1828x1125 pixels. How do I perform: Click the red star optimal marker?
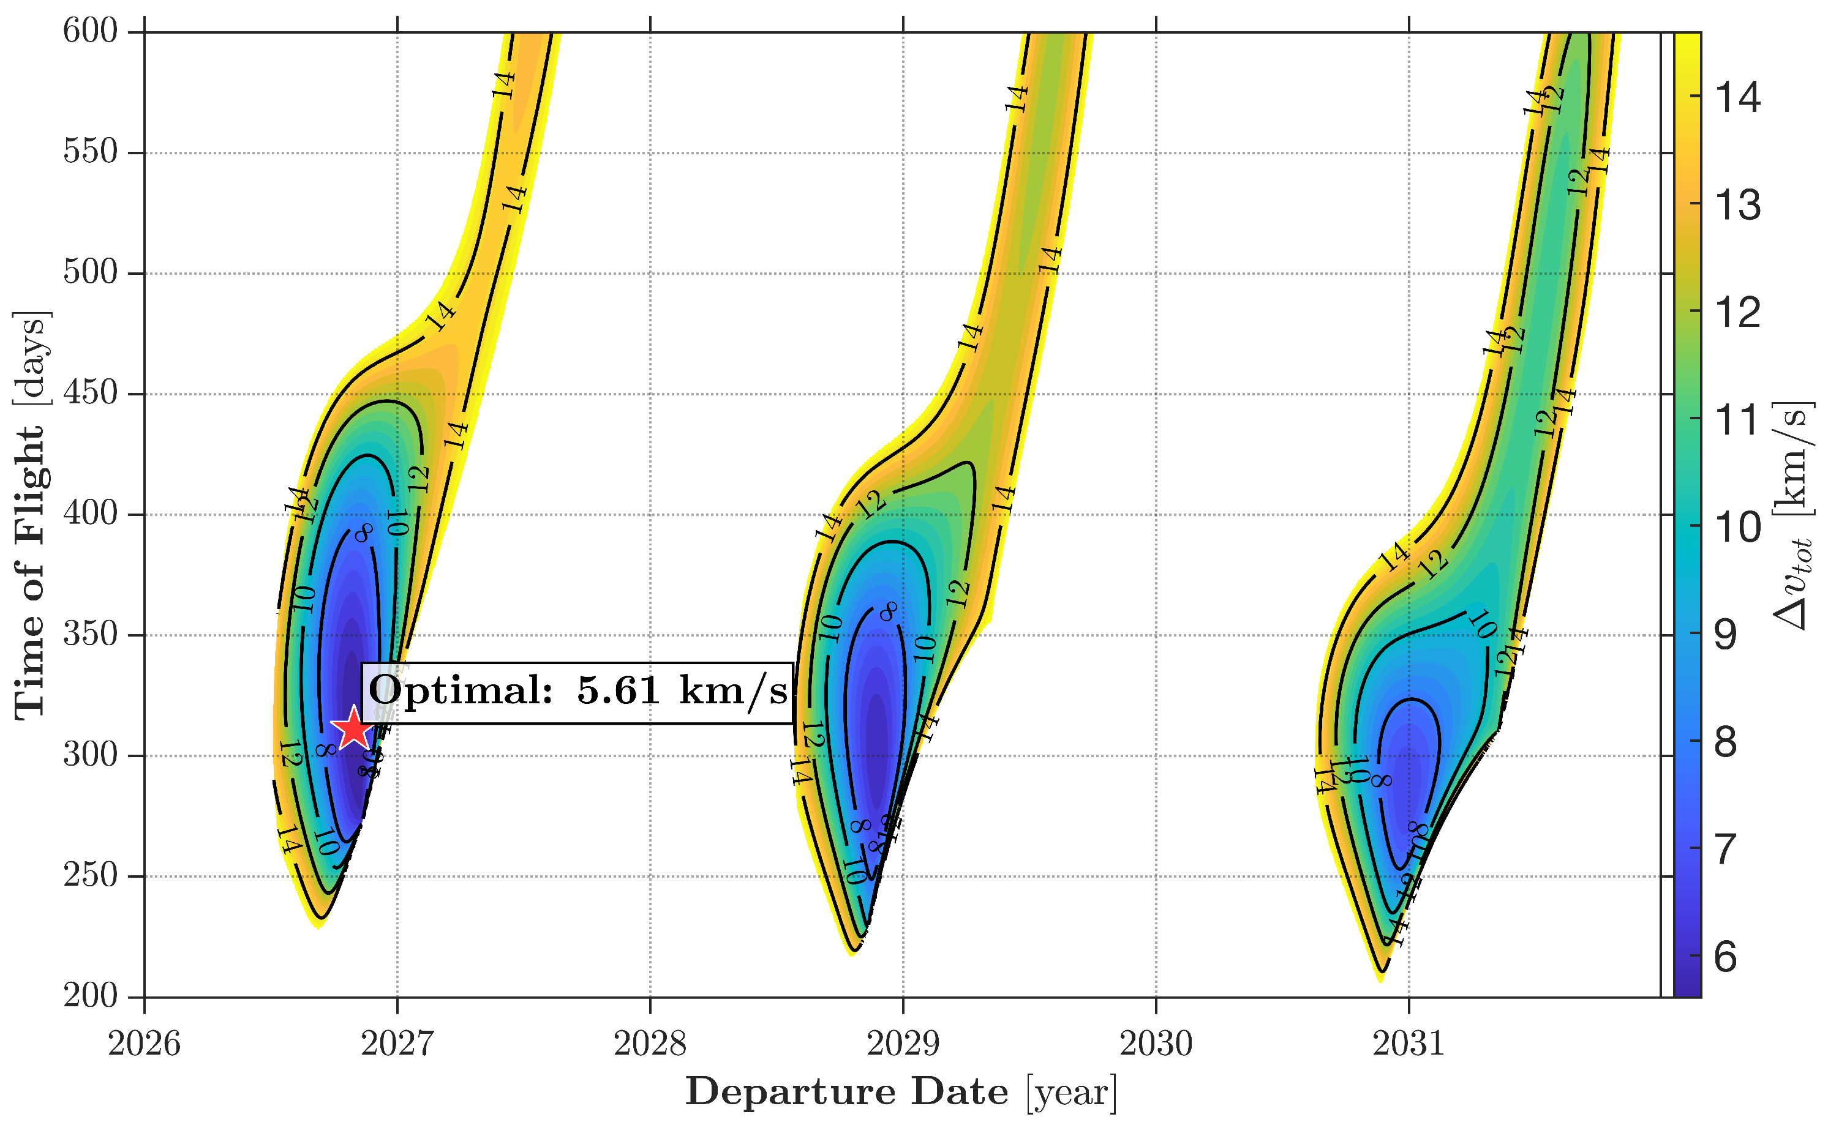[353, 728]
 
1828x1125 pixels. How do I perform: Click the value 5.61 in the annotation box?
[618, 691]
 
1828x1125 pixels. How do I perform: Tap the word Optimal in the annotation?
[460, 691]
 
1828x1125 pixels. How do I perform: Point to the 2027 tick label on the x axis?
[397, 1044]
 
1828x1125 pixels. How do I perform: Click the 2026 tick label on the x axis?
[144, 1044]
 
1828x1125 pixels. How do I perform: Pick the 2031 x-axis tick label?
[1409, 1044]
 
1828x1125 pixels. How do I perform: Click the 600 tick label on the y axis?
[90, 31]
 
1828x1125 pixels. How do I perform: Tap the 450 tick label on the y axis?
[90, 393]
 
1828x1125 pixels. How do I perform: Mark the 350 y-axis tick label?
[90, 634]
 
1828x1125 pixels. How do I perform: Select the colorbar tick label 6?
[1725, 956]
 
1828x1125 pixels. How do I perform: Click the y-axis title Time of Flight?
[30, 515]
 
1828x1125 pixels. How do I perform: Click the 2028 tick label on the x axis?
[650, 1044]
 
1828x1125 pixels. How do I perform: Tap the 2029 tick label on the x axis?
[902, 1044]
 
